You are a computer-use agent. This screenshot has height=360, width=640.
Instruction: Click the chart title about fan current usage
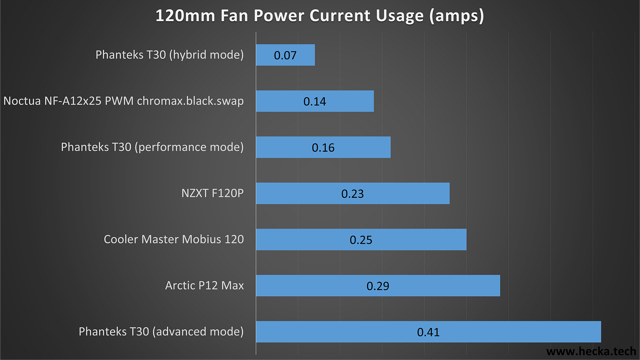pyautogui.click(x=320, y=16)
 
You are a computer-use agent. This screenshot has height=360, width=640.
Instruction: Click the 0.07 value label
pyautogui.click(x=285, y=55)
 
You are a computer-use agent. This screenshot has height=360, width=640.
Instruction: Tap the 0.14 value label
pyautogui.click(x=315, y=102)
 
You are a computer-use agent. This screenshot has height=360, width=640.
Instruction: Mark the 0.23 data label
pyautogui.click(x=353, y=193)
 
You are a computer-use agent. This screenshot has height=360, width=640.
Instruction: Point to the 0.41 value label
pyautogui.click(x=428, y=332)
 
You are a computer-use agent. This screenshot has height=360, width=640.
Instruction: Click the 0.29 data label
pyautogui.click(x=378, y=286)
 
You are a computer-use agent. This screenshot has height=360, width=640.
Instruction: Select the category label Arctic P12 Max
pyautogui.click(x=204, y=286)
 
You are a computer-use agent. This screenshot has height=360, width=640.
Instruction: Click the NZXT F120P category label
pyautogui.click(x=212, y=193)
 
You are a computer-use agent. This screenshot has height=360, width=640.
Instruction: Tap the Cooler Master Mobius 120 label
pyautogui.click(x=174, y=240)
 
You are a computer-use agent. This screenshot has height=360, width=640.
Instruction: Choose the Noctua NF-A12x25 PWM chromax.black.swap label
pyautogui.click(x=124, y=101)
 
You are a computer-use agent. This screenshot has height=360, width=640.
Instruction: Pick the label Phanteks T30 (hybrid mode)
pyautogui.click(x=170, y=55)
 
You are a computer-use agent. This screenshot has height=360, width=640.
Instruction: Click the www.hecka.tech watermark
pyautogui.click(x=591, y=351)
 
